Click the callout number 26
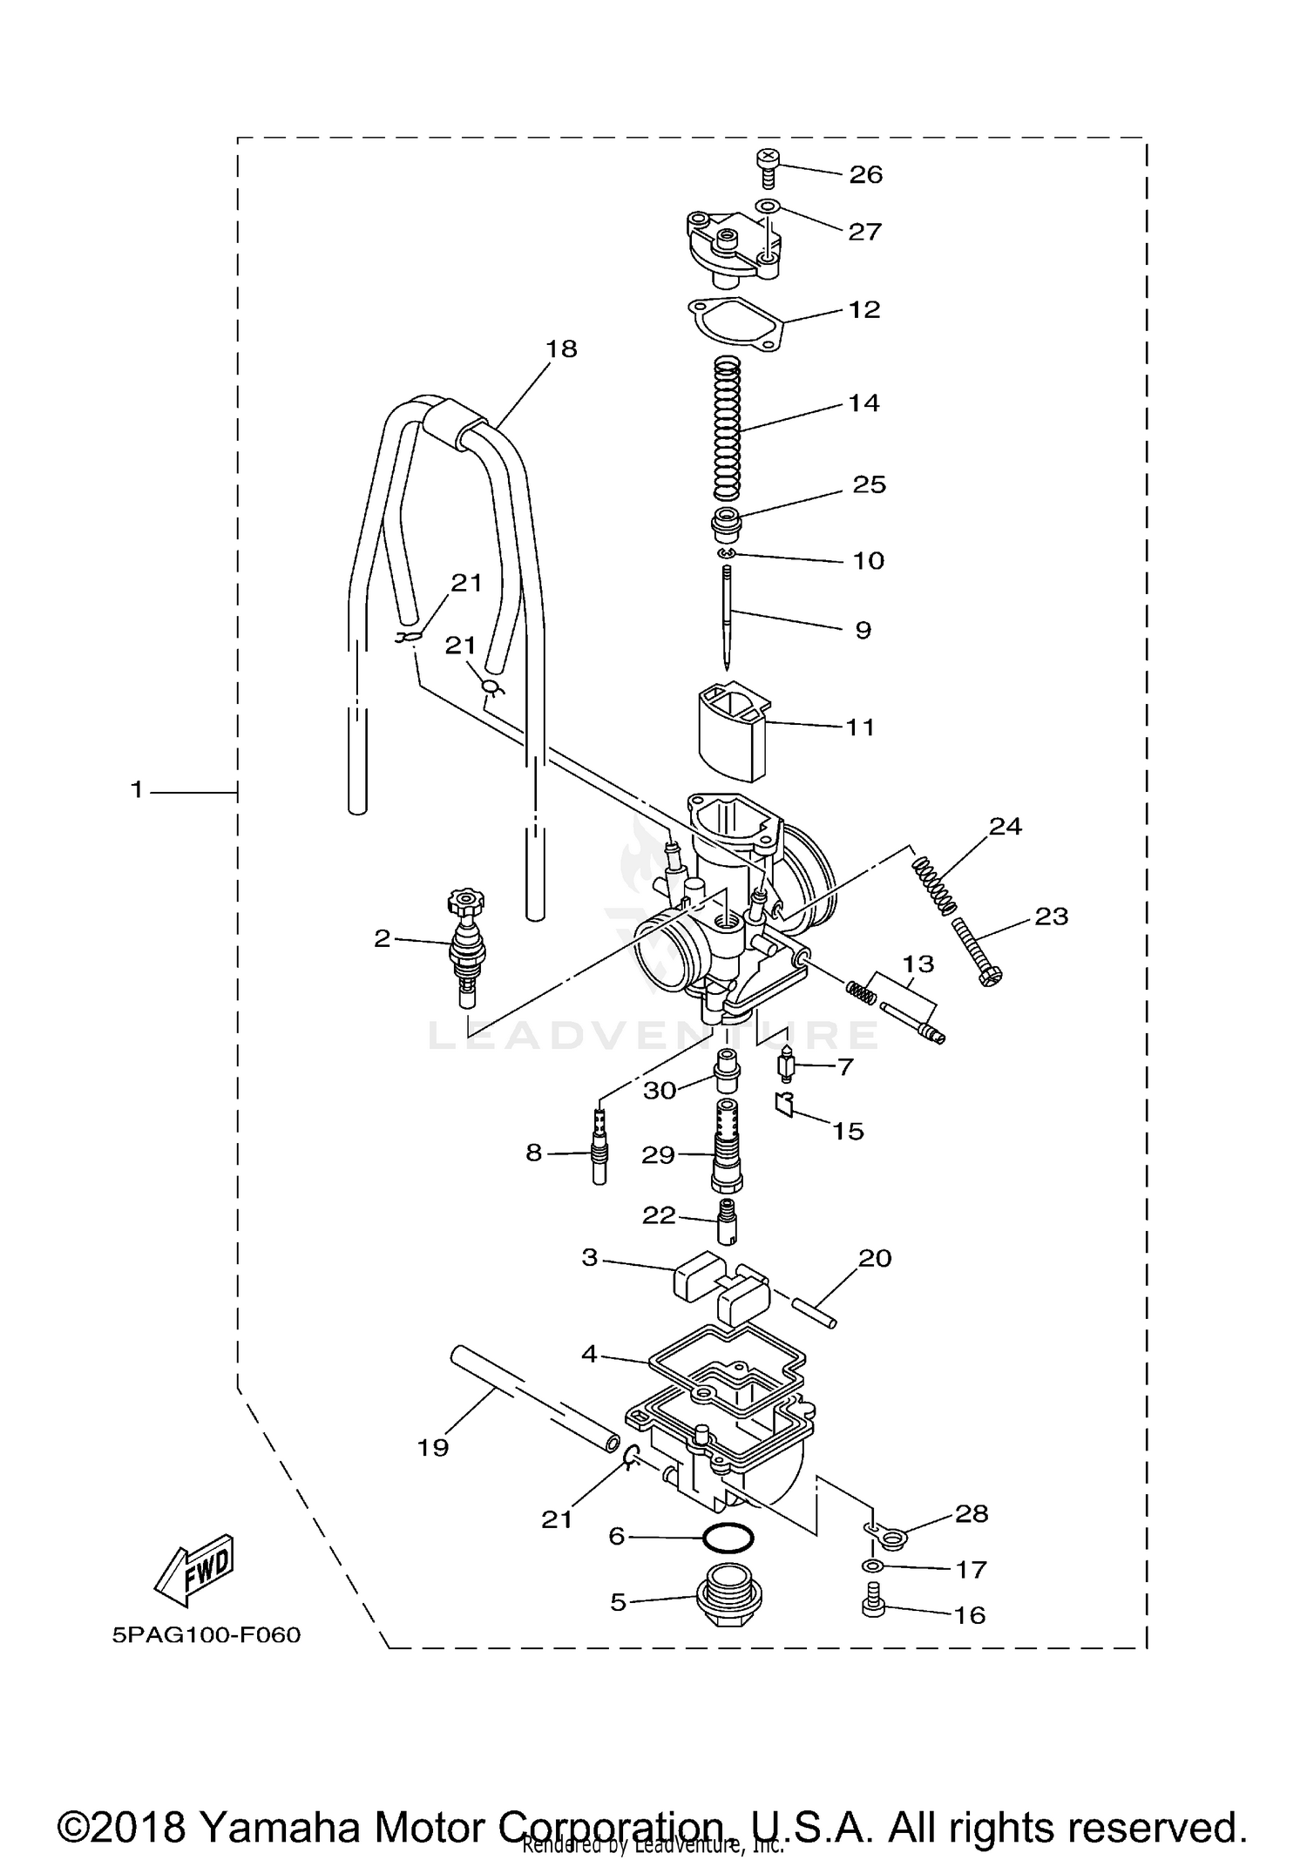pos(865,174)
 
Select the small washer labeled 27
pos(766,206)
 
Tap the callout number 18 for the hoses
pos(561,348)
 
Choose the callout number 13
pos(918,964)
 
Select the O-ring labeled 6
pos(727,1538)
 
